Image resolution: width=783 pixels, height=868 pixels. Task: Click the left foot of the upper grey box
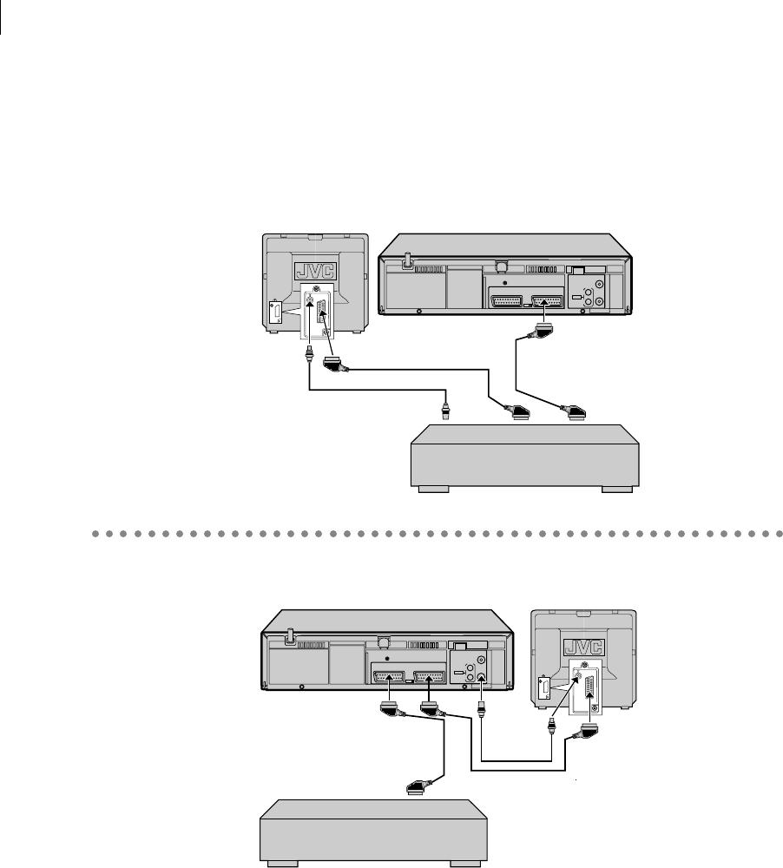(431, 490)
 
